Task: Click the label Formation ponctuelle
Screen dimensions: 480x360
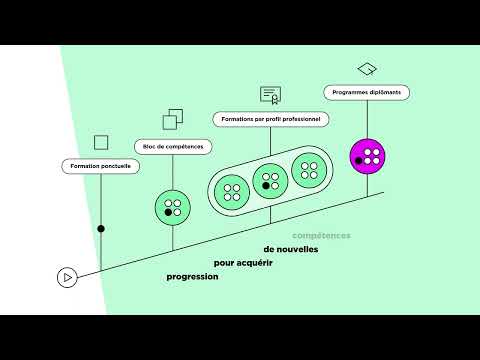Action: pos(101,165)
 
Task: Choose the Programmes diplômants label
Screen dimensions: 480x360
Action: pos(367,92)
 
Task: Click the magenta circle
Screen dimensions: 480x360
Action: pos(368,155)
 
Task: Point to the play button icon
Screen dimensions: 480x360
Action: pos(66,278)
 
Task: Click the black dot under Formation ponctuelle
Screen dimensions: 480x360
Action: pos(101,229)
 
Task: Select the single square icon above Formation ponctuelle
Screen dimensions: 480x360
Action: pos(101,142)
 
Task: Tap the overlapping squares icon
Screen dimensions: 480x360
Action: pos(173,120)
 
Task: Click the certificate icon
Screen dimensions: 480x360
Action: pos(270,95)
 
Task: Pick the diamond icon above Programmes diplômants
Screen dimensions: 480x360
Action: pos(367,69)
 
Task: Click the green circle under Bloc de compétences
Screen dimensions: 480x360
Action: pos(173,208)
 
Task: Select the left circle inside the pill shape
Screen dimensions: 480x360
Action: pos(231,190)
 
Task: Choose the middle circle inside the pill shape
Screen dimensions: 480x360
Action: pos(269,180)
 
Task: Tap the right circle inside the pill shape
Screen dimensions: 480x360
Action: pos(309,169)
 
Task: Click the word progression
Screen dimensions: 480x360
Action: pos(193,276)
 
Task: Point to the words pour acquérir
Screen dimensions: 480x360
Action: pos(244,263)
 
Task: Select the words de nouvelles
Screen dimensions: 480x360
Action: pos(291,249)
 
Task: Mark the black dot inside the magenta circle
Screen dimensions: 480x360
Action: pos(359,160)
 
